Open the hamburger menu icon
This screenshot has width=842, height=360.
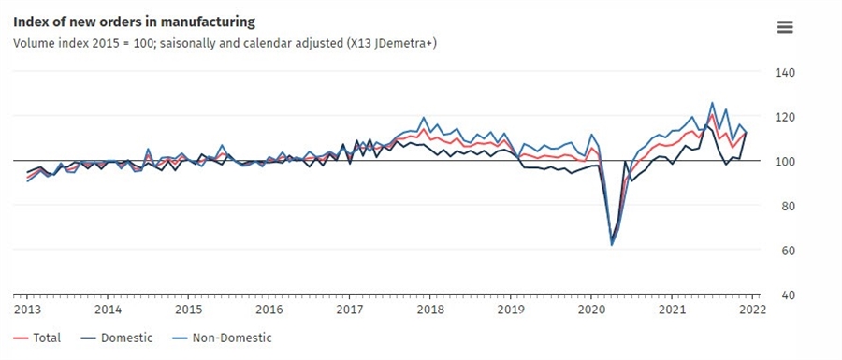coord(785,27)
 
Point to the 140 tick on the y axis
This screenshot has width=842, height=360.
coord(784,73)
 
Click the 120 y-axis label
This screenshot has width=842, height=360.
coord(784,118)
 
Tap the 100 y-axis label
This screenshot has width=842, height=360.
coord(784,162)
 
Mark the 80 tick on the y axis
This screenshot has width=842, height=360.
coord(784,207)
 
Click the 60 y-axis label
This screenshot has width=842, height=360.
coord(784,251)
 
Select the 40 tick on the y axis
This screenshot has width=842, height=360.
coord(784,295)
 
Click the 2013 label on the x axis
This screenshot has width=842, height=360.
coord(27,310)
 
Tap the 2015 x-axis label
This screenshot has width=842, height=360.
coord(188,310)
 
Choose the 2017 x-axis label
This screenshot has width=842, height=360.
coord(349,310)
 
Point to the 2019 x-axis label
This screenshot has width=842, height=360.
coord(510,310)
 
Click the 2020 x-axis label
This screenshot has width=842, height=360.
coord(590,310)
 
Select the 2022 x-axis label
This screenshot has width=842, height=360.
coord(751,310)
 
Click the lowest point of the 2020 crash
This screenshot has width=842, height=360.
coord(612,245)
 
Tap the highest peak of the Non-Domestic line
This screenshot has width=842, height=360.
coord(712,103)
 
